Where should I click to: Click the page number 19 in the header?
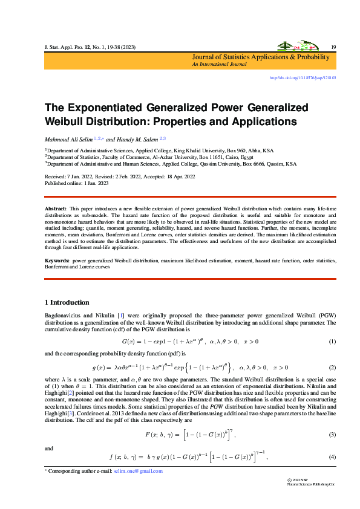pyautogui.click(x=333, y=47)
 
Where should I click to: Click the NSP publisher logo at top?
pyautogui.click(x=295, y=46)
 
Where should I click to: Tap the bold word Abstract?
pyautogui.click(x=56, y=209)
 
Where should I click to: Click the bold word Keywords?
pyautogui.click(x=57, y=260)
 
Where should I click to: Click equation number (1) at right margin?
pyautogui.click(x=332, y=342)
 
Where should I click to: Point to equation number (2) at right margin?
pyautogui.click(x=332, y=368)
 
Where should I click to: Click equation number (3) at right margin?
pyautogui.click(x=332, y=418)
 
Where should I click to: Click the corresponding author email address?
pyautogui.click(x=138, y=471)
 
